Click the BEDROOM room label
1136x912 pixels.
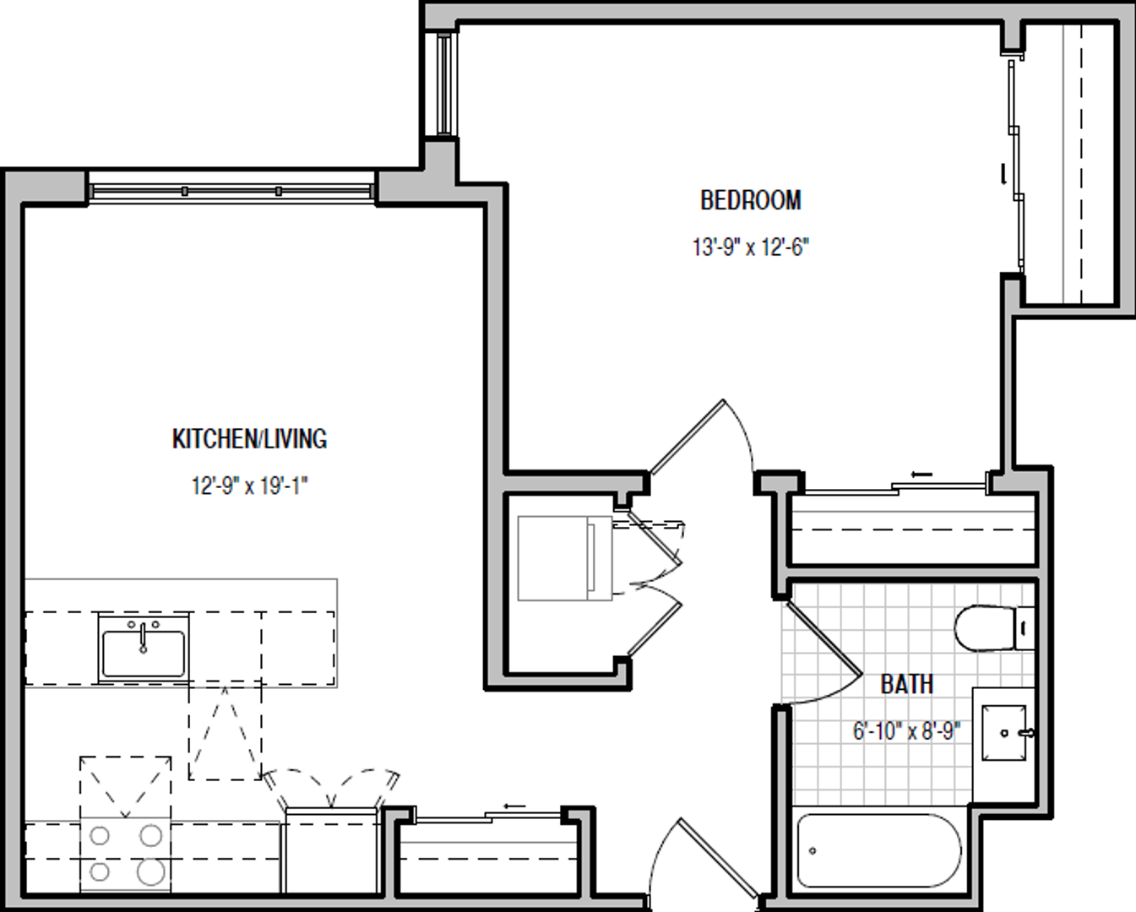(x=750, y=200)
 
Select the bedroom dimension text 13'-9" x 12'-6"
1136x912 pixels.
(x=750, y=247)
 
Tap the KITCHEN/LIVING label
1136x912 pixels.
(x=249, y=438)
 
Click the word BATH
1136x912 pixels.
(x=906, y=683)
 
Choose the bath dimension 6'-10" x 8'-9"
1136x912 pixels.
(x=906, y=730)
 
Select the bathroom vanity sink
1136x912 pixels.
(x=1005, y=732)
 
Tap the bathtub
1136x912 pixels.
(x=878, y=850)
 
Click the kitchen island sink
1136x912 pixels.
(x=143, y=652)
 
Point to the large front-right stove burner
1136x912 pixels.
(x=151, y=871)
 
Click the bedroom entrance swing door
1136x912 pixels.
(x=688, y=437)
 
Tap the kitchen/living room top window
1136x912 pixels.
(x=231, y=192)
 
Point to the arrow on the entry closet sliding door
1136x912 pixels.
(x=514, y=806)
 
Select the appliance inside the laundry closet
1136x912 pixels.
(x=563, y=558)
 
